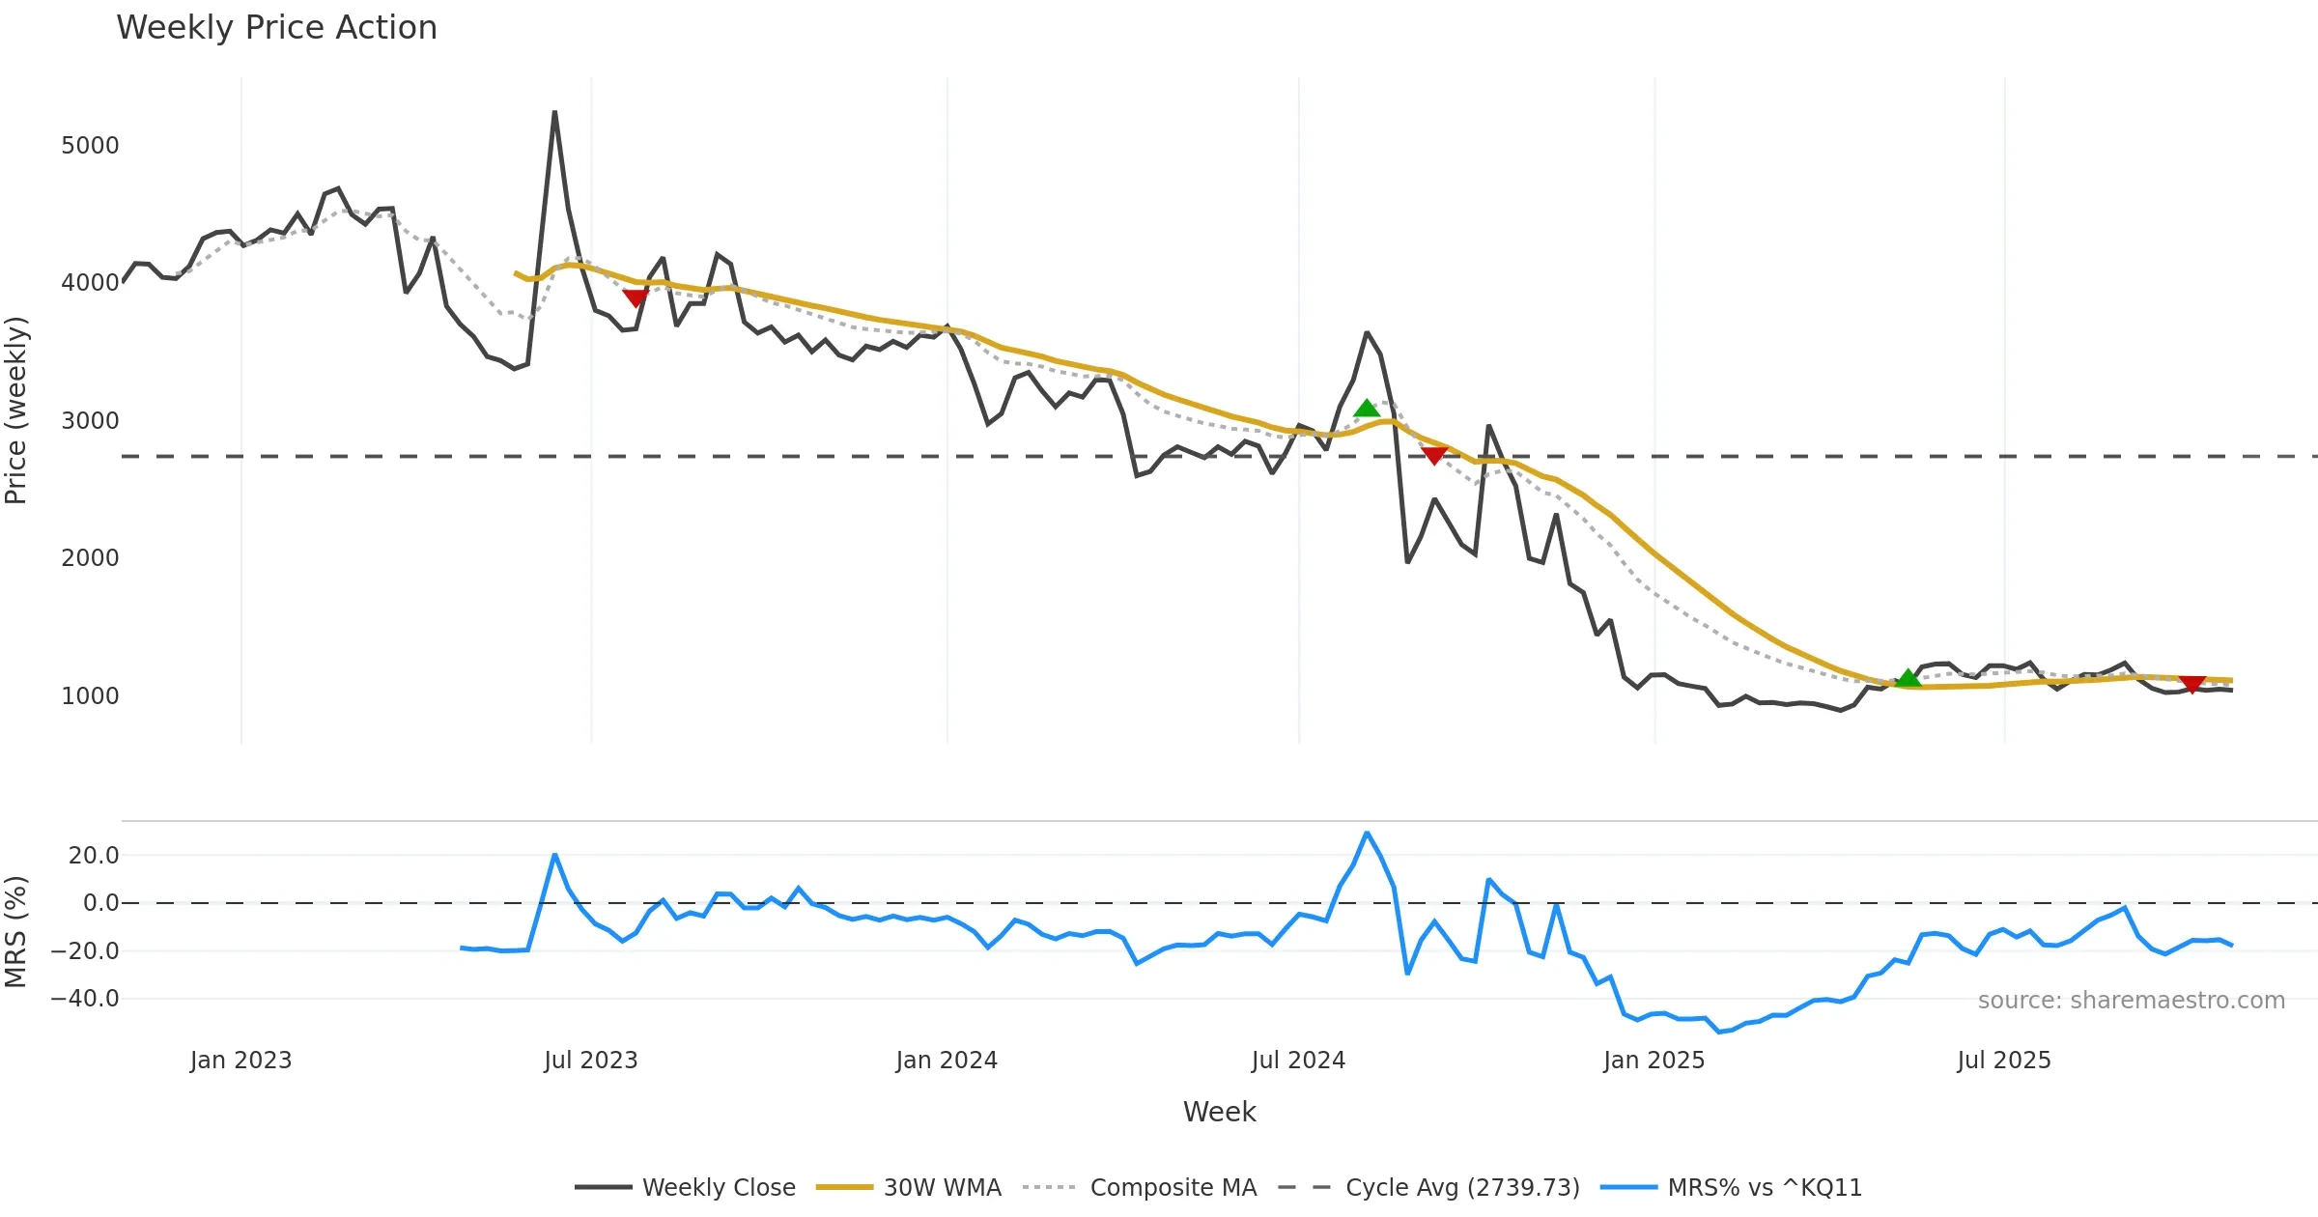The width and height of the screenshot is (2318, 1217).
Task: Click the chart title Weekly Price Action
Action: point(276,28)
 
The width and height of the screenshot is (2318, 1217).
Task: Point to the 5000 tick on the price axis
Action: point(90,146)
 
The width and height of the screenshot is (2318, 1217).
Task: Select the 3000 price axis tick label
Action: point(90,421)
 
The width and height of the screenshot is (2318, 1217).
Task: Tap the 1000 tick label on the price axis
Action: point(90,696)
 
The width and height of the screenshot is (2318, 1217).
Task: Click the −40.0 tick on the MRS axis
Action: point(85,999)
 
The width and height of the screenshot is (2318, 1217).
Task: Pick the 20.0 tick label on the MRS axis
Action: point(94,856)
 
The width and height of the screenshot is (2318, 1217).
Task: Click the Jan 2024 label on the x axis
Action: point(946,1061)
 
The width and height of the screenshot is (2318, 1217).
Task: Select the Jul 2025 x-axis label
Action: point(2003,1061)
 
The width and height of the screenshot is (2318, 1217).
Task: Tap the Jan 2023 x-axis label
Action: point(240,1061)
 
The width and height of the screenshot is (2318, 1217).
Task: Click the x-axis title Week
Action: point(1219,1113)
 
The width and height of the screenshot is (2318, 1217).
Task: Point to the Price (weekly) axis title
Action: point(16,410)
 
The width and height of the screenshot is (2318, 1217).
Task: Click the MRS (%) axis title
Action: point(16,932)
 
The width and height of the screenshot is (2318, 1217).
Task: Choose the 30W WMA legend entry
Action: point(942,1188)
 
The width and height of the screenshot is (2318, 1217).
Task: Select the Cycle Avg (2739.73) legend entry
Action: point(1462,1188)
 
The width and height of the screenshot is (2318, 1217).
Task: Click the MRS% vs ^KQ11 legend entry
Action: point(1764,1188)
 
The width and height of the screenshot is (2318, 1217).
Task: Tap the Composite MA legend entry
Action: point(1173,1188)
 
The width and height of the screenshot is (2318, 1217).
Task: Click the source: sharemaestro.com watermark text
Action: point(2131,1001)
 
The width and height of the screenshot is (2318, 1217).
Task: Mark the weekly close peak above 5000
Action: point(554,112)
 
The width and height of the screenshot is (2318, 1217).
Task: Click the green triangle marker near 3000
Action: point(1366,409)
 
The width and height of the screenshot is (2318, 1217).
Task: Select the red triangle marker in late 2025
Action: point(2191,684)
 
